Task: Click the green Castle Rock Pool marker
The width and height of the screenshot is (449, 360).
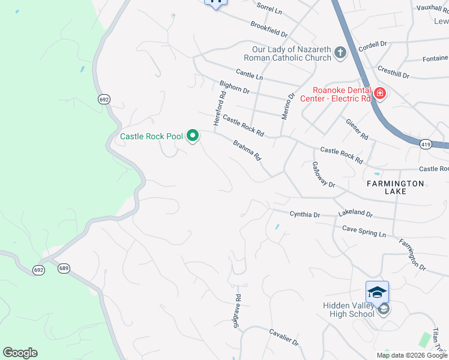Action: tap(193, 136)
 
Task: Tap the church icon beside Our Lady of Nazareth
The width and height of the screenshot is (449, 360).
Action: tap(340, 53)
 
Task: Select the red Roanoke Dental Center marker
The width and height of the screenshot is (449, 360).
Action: tap(379, 93)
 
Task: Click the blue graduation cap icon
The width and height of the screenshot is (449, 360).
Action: tap(377, 292)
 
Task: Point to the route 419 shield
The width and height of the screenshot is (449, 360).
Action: tap(426, 144)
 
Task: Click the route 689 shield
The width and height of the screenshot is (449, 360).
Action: tap(64, 268)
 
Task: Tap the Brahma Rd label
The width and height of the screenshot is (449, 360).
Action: tap(247, 150)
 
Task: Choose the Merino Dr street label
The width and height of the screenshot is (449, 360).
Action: tap(289, 106)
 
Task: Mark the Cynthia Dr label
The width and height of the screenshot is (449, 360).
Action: tap(305, 214)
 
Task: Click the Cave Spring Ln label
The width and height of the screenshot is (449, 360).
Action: tap(364, 231)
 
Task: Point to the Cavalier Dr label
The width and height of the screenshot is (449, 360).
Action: tap(284, 338)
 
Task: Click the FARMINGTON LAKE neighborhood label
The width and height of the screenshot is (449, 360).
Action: tap(396, 187)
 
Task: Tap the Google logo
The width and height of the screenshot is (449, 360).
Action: tap(20, 353)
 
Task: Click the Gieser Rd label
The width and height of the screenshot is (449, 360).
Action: tap(357, 129)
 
